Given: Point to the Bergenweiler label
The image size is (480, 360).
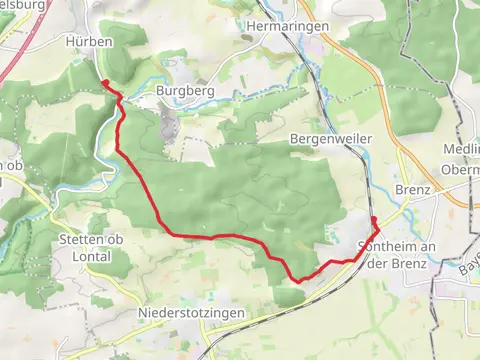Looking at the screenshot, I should point(330,137).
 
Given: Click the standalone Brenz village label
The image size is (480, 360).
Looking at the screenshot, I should point(412,189).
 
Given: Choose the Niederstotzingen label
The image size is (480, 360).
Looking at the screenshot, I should point(186,313).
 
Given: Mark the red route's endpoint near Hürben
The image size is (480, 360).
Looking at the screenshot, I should point(105,83).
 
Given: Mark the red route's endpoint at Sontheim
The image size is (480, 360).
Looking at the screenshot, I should point(373,218).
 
